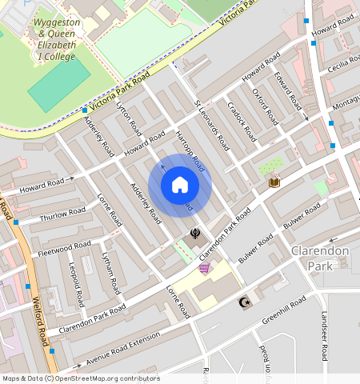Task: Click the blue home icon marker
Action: pyautogui.click(x=180, y=186)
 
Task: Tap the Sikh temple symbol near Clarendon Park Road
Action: pyautogui.click(x=194, y=234)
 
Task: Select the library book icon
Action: pyautogui.click(x=274, y=182)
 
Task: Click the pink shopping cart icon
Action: pyautogui.click(x=205, y=268)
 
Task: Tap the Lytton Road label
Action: pyautogui.click(x=129, y=118)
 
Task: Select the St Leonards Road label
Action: pyautogui.click(x=211, y=125)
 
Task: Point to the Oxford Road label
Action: pyautogui.click(x=264, y=106)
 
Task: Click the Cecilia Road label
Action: pyautogui.click(x=343, y=62)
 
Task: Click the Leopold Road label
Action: pyautogui.click(x=76, y=285)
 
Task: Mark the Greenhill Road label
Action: pyautogui.click(x=283, y=312)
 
